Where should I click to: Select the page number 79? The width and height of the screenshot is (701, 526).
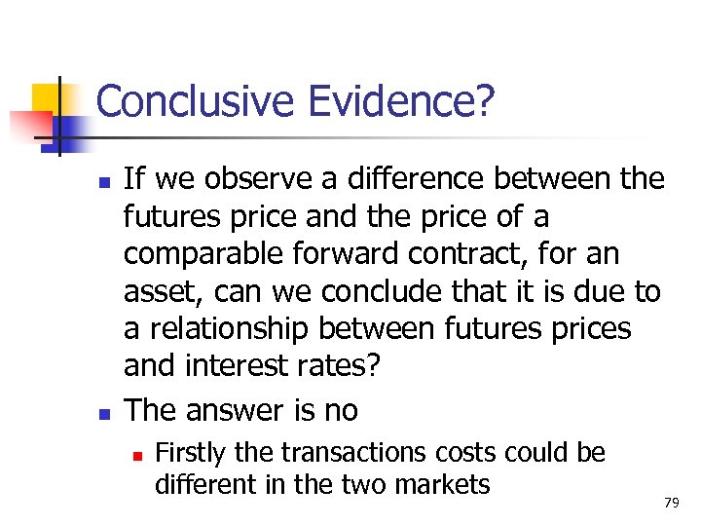pyautogui.click(x=670, y=503)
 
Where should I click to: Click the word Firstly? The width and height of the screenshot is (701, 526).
pyautogui.click(x=189, y=453)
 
